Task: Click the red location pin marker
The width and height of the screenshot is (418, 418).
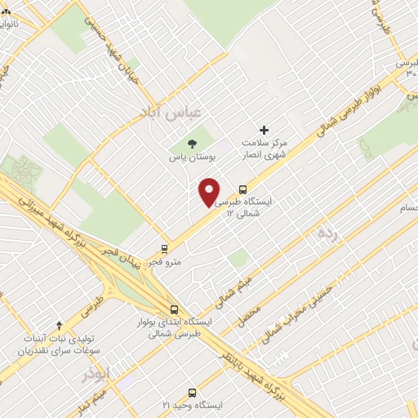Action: pyautogui.click(x=209, y=191)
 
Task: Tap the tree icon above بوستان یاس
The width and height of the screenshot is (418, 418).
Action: pyautogui.click(x=192, y=144)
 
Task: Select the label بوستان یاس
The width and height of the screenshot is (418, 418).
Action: pyautogui.click(x=189, y=157)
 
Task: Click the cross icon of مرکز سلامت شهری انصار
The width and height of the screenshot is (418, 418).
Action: pyautogui.click(x=264, y=130)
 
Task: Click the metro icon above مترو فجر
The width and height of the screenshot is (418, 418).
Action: pyautogui.click(x=165, y=249)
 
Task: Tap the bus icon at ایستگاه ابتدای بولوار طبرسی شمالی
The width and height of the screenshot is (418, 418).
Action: pyautogui.click(x=174, y=309)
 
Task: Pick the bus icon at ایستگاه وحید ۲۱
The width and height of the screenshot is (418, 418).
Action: pyautogui.click(x=193, y=393)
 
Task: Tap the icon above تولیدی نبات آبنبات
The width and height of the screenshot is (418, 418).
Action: pyautogui.click(x=58, y=326)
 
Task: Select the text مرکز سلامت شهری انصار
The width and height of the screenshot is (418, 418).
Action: pyautogui.click(x=263, y=146)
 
